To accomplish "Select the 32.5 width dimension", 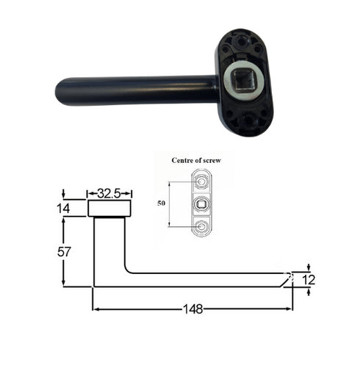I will pyautogui.click(x=110, y=194).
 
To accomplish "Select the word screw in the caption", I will pyautogui.click(x=231, y=159).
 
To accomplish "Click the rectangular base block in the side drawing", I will pyautogui.click(x=110, y=209).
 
